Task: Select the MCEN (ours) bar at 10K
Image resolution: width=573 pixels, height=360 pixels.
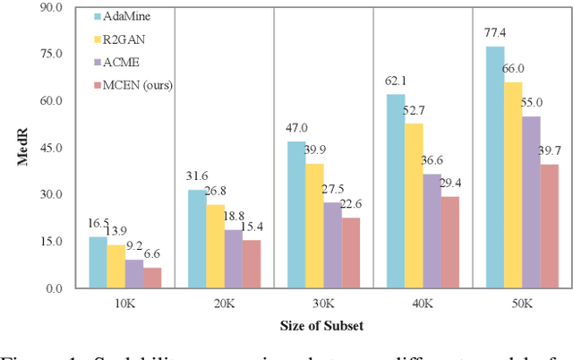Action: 151,278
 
